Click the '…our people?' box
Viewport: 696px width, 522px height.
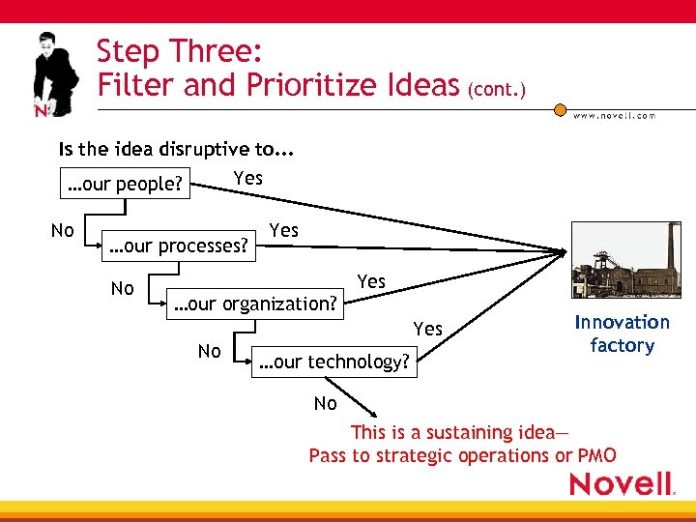click(123, 184)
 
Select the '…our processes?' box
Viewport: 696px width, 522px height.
click(179, 246)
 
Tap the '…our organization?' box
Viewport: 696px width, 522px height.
click(255, 304)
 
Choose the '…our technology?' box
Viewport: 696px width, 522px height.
click(334, 362)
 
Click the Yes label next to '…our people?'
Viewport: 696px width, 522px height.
click(248, 178)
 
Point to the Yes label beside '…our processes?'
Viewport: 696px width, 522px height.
click(284, 230)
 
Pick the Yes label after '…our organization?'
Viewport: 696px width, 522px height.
click(371, 281)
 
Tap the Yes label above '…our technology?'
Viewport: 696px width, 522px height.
click(428, 329)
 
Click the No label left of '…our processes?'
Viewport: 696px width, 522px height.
click(63, 230)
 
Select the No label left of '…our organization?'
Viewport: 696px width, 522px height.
click(123, 288)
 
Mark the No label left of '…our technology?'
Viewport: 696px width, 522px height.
click(209, 351)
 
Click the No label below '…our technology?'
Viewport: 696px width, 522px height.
click(326, 403)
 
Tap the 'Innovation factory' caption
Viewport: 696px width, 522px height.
click(622, 333)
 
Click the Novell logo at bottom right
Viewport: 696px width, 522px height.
click(623, 483)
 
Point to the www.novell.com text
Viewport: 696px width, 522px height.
click(614, 115)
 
